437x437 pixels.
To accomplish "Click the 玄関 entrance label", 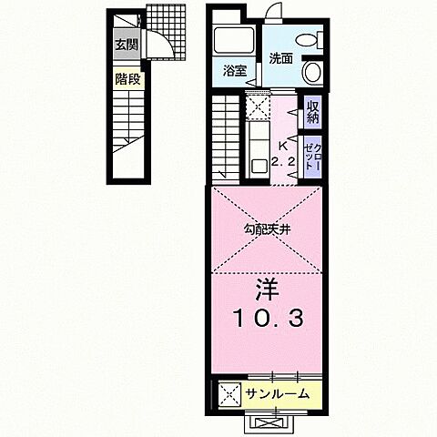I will click(x=126, y=43).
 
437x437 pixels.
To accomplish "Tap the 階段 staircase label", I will click(x=127, y=79).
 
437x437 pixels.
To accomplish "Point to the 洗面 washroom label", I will click(x=280, y=59).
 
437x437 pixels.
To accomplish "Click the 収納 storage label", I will click(x=312, y=112).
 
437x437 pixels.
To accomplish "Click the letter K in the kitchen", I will click(x=282, y=146).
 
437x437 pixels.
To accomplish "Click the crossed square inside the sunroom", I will click(x=228, y=394).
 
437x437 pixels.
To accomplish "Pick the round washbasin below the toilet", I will click(x=312, y=72).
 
